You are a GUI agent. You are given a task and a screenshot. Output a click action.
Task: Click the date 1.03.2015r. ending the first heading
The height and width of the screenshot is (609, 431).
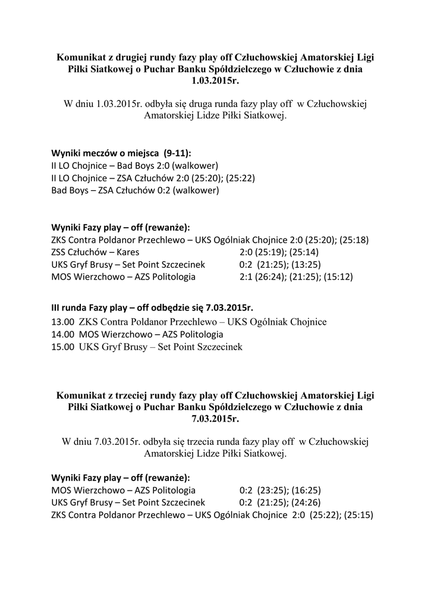click(215, 80)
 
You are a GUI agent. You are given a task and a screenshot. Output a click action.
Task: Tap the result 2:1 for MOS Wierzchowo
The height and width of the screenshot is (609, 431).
click(246, 277)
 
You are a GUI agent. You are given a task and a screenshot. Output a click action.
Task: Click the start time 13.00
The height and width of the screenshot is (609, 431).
click(63, 322)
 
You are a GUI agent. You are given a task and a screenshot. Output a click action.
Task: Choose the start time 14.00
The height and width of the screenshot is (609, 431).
click(63, 334)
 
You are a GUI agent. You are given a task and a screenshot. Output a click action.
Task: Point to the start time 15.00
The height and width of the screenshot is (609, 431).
click(63, 347)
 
